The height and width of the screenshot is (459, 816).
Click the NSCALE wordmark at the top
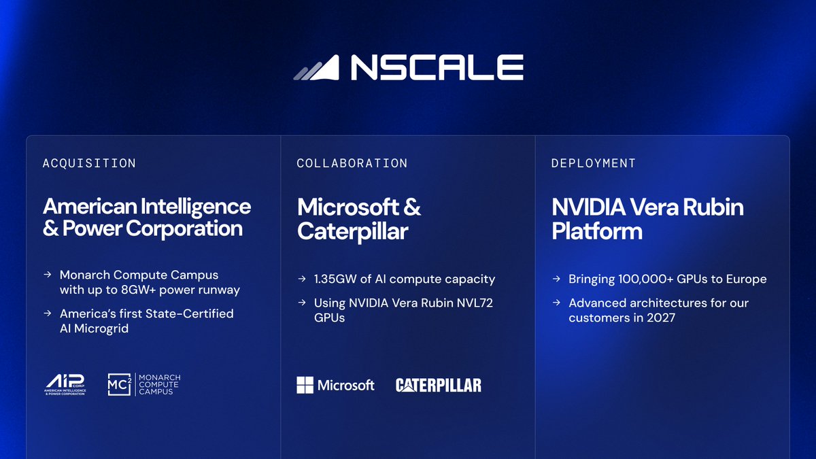(437, 67)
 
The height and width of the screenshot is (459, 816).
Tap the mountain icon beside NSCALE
(317, 68)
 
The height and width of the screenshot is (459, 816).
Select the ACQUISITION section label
(89, 163)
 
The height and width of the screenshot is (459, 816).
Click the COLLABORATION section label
(352, 163)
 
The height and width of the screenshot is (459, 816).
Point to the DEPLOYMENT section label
(594, 163)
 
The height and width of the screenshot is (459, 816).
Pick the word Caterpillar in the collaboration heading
(353, 231)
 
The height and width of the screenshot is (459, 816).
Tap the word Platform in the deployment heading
(597, 231)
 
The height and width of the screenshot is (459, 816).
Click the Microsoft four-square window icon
(305, 385)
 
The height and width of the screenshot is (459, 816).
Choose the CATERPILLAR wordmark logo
(439, 386)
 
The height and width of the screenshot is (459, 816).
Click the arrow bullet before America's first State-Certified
(48, 313)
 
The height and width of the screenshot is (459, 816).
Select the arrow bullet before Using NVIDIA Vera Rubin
(302, 303)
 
